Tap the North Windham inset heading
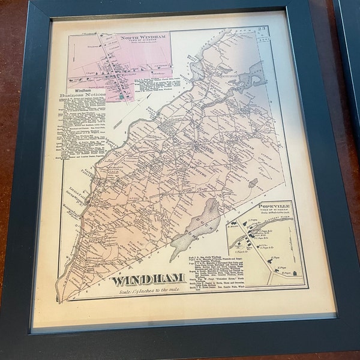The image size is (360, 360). tap(138, 40)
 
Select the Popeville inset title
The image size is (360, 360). tap(277, 206)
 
